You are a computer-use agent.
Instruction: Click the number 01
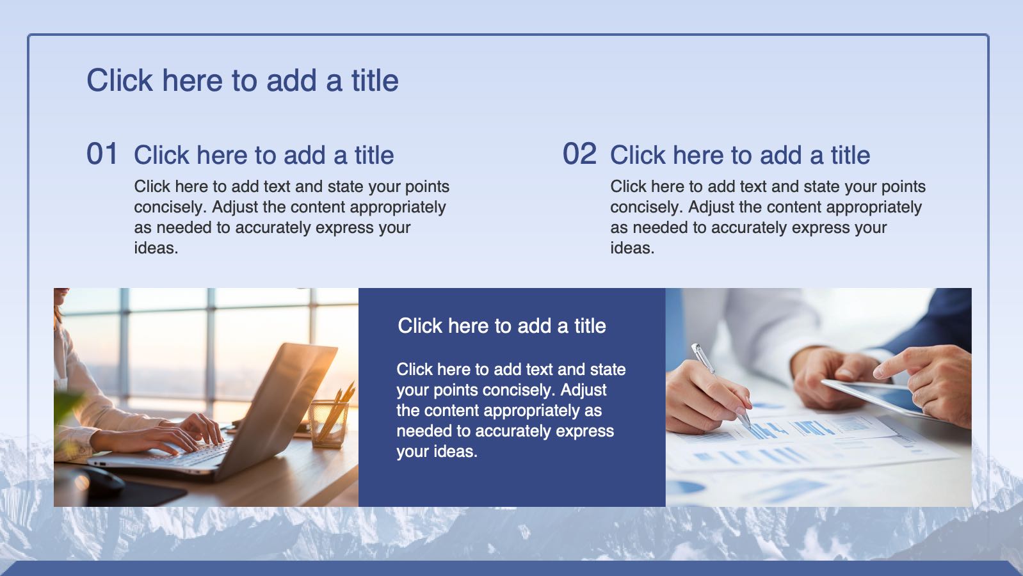[x=102, y=154]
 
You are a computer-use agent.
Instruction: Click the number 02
[x=579, y=154]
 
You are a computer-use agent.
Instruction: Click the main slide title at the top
[x=243, y=81]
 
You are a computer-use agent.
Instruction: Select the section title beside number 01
[x=264, y=155]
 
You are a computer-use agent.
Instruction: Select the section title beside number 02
[x=740, y=155]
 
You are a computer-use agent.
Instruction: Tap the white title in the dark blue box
[x=502, y=326]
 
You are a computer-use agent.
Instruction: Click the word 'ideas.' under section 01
[x=156, y=248]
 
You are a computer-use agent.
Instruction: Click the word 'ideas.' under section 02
[x=632, y=248]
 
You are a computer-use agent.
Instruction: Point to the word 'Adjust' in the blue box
[x=583, y=390]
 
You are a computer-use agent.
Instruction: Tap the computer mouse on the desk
[x=103, y=481]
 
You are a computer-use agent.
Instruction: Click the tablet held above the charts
[x=874, y=397]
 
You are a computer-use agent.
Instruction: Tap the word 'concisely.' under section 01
[x=170, y=207]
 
